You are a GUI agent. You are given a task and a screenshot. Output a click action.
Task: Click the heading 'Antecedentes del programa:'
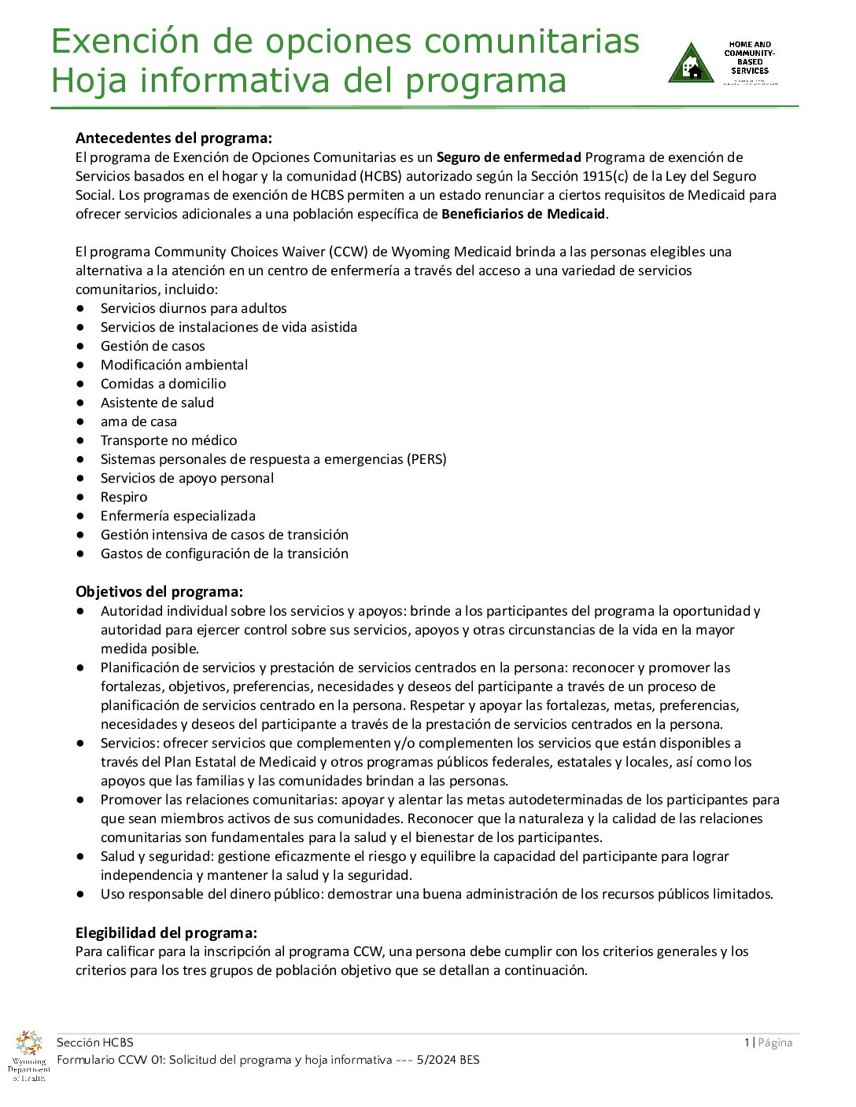pyautogui.click(x=173, y=138)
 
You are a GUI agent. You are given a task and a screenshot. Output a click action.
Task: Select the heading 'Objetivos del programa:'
pyautogui.click(x=159, y=592)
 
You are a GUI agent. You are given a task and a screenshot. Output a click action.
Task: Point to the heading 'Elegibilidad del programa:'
pyautogui.click(x=166, y=933)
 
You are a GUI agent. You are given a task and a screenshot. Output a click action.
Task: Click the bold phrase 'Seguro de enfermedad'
pyautogui.click(x=509, y=157)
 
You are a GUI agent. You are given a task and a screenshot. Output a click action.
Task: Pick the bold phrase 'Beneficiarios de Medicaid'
pyautogui.click(x=523, y=214)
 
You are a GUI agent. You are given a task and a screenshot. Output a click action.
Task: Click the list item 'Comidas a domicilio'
pyautogui.click(x=163, y=384)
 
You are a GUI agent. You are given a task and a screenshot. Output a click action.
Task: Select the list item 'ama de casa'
pyautogui.click(x=138, y=421)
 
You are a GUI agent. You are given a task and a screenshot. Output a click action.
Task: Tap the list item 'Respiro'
pyautogui.click(x=124, y=497)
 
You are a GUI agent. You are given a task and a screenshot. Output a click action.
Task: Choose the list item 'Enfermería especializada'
pyautogui.click(x=178, y=516)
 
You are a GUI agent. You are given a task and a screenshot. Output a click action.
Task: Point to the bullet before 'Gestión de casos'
pyautogui.click(x=80, y=346)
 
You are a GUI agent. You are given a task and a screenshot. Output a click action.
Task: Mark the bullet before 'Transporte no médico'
pyautogui.click(x=80, y=440)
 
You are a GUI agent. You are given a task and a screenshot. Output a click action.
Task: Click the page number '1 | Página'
pyautogui.click(x=768, y=1043)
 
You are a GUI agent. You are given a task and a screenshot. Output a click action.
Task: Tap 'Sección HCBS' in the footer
pyautogui.click(x=94, y=1043)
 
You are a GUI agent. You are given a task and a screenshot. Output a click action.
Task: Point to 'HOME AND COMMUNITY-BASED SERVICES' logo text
pyautogui.click(x=750, y=58)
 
